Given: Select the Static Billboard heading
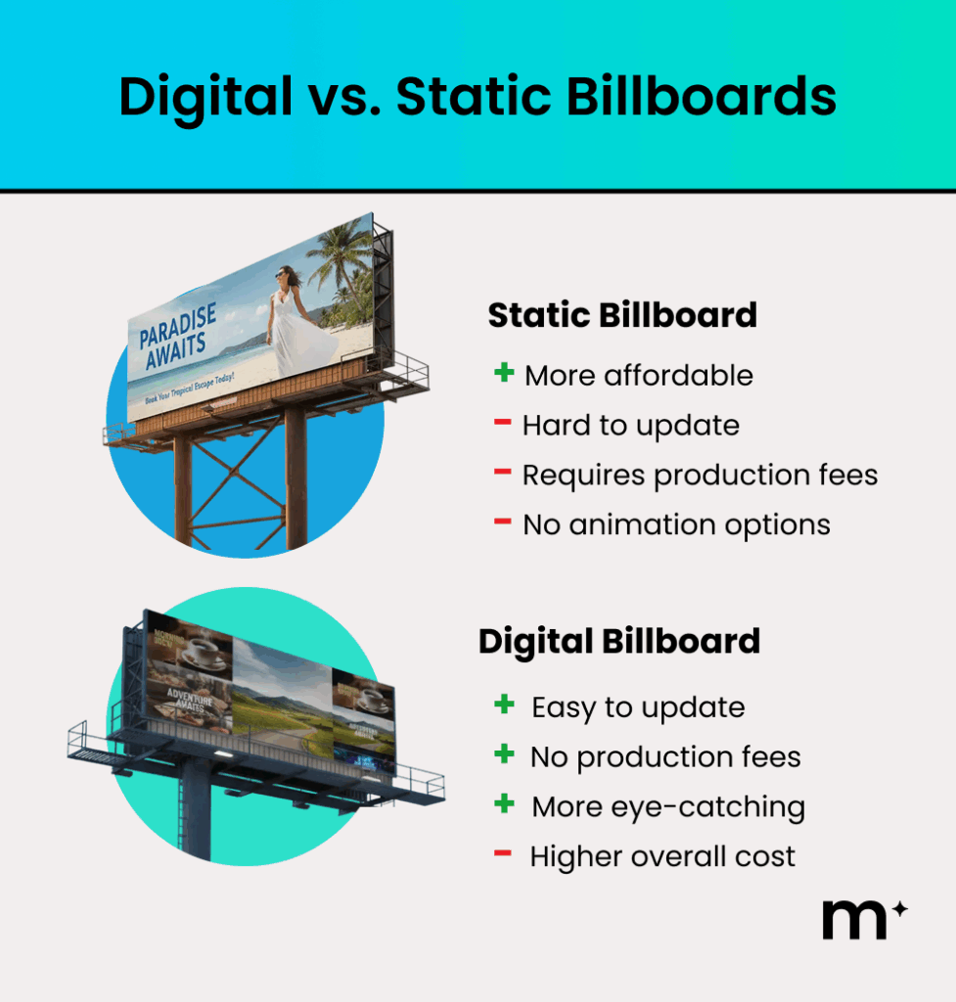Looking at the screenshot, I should (x=622, y=315).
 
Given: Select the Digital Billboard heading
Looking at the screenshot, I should (x=618, y=641).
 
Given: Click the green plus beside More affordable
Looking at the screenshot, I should (x=504, y=373).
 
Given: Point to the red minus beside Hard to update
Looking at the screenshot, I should (x=503, y=423).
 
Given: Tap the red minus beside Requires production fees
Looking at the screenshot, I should (x=503, y=473).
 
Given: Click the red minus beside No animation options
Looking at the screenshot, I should (x=503, y=523).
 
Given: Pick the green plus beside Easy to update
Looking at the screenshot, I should (x=505, y=705).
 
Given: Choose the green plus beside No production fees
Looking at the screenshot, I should (x=505, y=754).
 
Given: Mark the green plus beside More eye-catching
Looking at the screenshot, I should (x=505, y=804).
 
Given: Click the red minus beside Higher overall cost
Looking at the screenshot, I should (x=504, y=854).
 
